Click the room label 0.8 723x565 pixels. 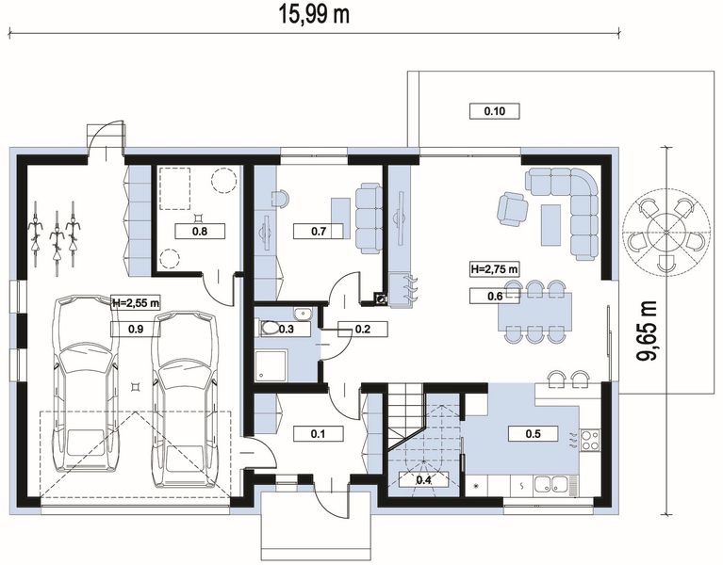click(200, 231)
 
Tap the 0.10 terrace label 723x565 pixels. click(494, 111)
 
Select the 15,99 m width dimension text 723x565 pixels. click(314, 14)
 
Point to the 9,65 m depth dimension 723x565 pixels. click(647, 331)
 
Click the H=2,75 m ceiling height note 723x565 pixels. click(494, 268)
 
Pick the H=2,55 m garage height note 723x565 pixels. click(136, 303)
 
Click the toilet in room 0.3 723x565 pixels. click(270, 329)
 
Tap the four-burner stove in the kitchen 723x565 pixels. click(590, 440)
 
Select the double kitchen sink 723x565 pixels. click(551, 484)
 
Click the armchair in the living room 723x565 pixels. click(512, 209)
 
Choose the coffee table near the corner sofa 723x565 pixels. click(551, 225)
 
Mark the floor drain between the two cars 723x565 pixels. click(135, 387)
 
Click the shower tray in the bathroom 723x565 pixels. click(271, 365)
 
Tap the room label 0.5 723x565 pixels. click(533, 434)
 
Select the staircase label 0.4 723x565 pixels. click(423, 480)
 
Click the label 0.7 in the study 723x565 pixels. click(319, 231)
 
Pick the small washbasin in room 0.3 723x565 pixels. click(303, 314)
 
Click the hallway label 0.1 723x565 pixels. click(319, 433)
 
